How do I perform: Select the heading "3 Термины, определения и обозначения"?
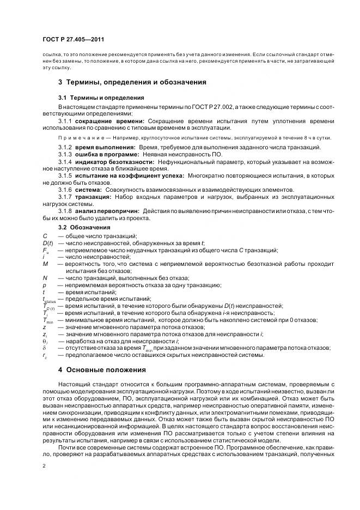pyautogui.click(x=132, y=82)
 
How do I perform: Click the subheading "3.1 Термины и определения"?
pyautogui.click(x=101, y=98)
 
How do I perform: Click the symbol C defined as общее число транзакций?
pyautogui.click(x=45, y=235)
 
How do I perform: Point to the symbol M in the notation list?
pyautogui.click(x=45, y=264)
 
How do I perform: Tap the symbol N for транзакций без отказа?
pyautogui.click(x=45, y=278)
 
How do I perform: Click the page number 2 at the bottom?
pyautogui.click(x=44, y=466)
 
